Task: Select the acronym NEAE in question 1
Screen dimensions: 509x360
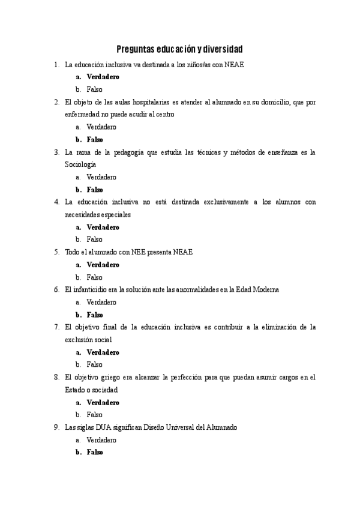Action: (x=233, y=64)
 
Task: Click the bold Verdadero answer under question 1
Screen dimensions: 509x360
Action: (x=103, y=77)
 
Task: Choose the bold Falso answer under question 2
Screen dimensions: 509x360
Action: (x=95, y=139)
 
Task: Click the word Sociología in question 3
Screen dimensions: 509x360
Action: (x=80, y=164)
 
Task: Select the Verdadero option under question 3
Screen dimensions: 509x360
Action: (x=101, y=177)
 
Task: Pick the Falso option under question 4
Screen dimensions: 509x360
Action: (x=94, y=239)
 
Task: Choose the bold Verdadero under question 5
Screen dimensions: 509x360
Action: (x=103, y=265)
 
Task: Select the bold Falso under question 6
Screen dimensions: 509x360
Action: (x=95, y=315)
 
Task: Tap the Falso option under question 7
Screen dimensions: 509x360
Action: (x=94, y=364)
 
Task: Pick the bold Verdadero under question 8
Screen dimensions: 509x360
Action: (x=103, y=402)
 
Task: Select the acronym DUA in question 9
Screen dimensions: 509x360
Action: (x=113, y=427)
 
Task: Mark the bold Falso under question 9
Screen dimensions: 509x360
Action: (x=95, y=453)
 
